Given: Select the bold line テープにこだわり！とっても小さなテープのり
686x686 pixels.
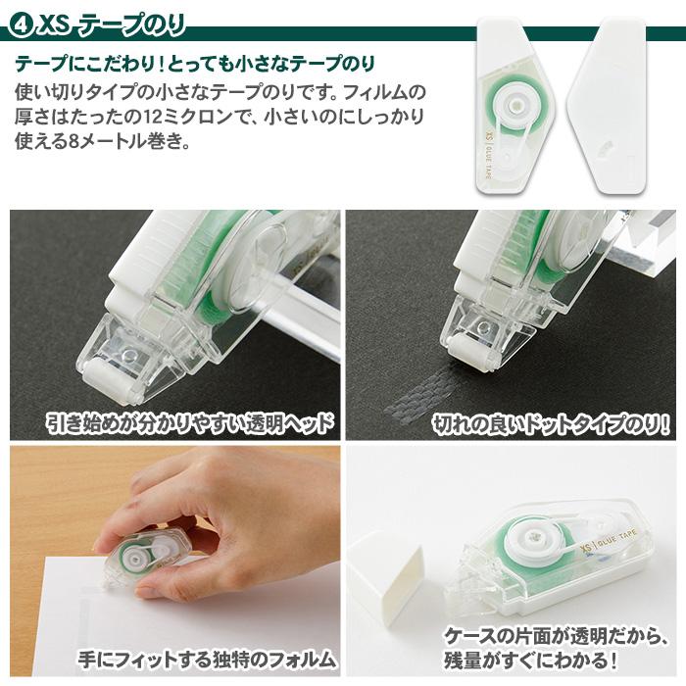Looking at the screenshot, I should (x=195, y=66).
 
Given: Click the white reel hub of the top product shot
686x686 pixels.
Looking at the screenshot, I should (x=514, y=102).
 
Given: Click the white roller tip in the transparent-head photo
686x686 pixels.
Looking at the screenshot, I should (x=103, y=376).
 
